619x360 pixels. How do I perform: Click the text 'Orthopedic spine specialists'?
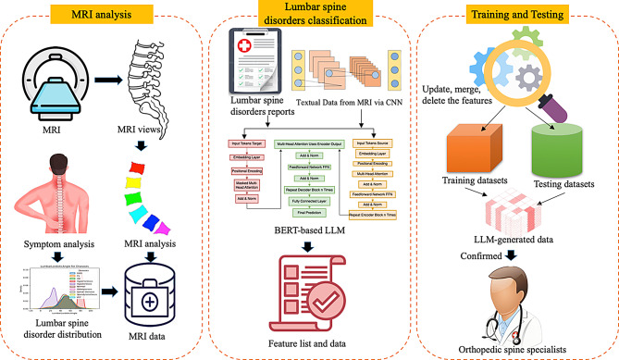point(514,347)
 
